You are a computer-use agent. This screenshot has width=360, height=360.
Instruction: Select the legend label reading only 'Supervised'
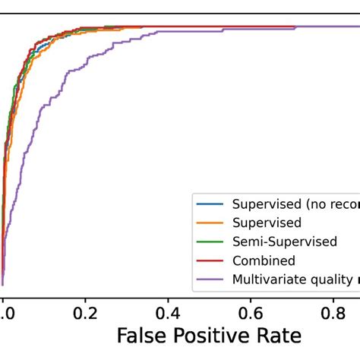(267, 223)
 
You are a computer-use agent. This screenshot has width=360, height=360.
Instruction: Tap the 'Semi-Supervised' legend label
(284, 242)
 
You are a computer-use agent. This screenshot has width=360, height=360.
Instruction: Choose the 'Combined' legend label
(264, 261)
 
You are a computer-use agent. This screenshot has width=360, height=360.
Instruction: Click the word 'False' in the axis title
(141, 336)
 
